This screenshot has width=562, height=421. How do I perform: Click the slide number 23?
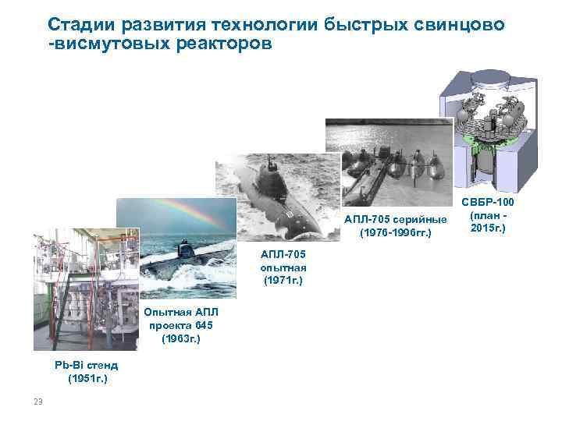[37, 402]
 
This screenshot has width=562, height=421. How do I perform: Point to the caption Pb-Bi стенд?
[86, 365]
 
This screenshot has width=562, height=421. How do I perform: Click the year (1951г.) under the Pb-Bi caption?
[86, 379]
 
